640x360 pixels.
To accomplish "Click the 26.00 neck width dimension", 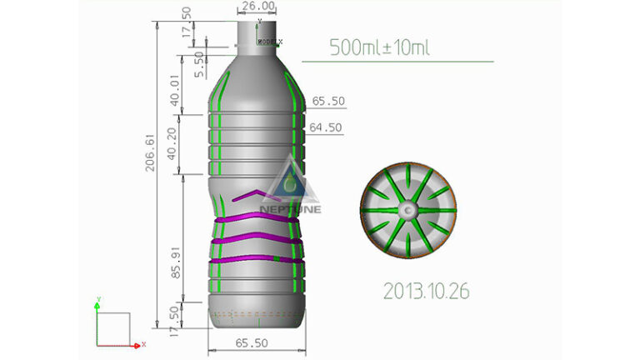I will click(253, 7).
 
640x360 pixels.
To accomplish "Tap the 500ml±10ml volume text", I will click(379, 47).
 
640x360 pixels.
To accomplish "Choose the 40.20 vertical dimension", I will click(172, 145).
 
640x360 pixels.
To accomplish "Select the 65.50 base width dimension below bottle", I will click(252, 343).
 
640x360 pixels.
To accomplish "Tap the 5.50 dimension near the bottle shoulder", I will click(198, 64).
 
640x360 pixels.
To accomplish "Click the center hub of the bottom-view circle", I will click(408, 212).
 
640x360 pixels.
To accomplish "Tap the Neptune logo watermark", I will click(287, 187).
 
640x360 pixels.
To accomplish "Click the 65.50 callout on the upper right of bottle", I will click(328, 101).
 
